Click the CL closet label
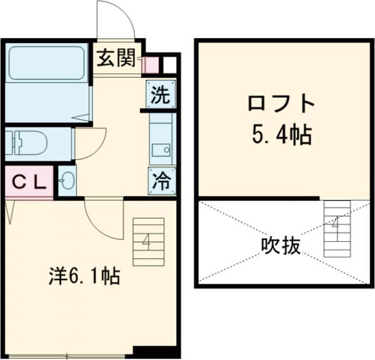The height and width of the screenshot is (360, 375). [x=29, y=182]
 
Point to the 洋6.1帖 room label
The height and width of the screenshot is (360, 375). [x=86, y=274]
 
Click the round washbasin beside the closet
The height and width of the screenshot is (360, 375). [x=67, y=182]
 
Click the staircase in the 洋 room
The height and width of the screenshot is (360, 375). [x=148, y=241]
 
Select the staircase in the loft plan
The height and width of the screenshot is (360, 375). [x=336, y=228]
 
